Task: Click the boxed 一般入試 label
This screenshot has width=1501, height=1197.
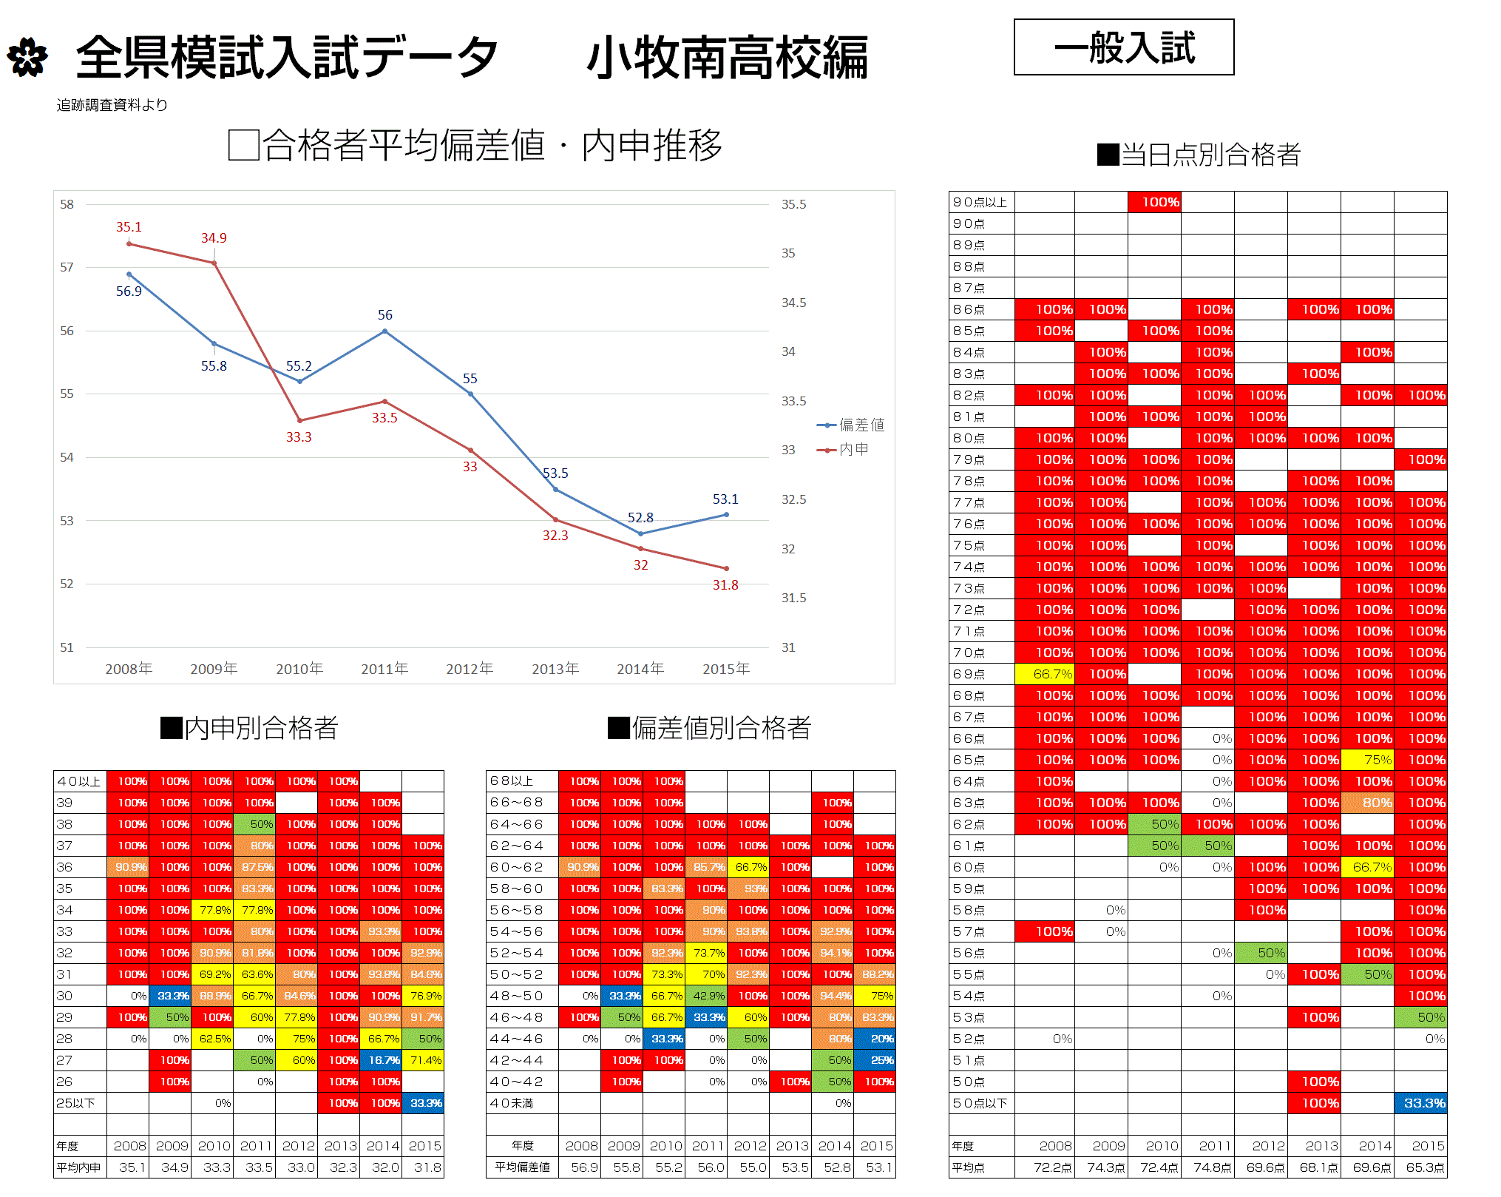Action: pyautogui.click(x=1123, y=47)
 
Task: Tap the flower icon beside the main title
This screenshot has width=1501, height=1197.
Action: pyautogui.click(x=27, y=58)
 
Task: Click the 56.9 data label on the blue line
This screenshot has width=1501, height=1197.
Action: pyautogui.click(x=129, y=291)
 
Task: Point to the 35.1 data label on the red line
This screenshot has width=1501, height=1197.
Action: pyautogui.click(x=129, y=227)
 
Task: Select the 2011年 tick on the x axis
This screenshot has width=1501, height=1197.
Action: pyautogui.click(x=384, y=669)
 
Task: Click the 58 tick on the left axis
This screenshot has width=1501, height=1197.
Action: pyautogui.click(x=67, y=204)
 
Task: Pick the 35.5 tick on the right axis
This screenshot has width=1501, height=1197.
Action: pyautogui.click(x=793, y=204)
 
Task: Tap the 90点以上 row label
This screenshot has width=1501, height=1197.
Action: pyautogui.click(x=980, y=202)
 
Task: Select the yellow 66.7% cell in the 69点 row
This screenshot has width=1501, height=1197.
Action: pyautogui.click(x=1046, y=674)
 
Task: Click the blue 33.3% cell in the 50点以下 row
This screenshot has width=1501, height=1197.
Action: pyautogui.click(x=1421, y=1103)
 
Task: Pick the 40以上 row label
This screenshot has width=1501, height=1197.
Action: pyautogui.click(x=79, y=781)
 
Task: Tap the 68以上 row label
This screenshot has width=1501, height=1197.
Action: pyautogui.click(x=512, y=781)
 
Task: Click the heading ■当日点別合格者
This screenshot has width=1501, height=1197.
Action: pyautogui.click(x=1199, y=155)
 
